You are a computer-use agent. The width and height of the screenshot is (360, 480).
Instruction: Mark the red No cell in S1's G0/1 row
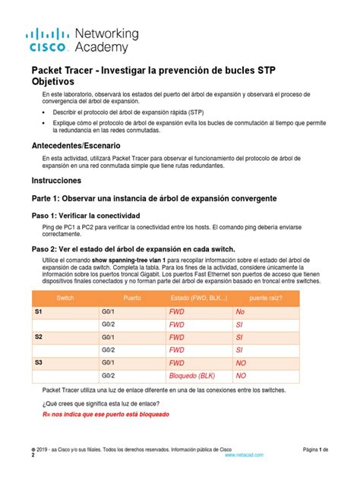(x=241, y=311)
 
